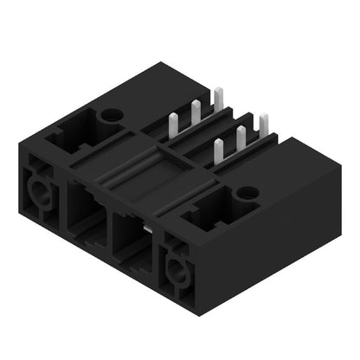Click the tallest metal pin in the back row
tap(218, 96)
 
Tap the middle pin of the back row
tap(196, 110)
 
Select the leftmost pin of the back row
tap(173, 123)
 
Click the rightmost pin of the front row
tap(263, 124)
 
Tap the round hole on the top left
tap(112, 113)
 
